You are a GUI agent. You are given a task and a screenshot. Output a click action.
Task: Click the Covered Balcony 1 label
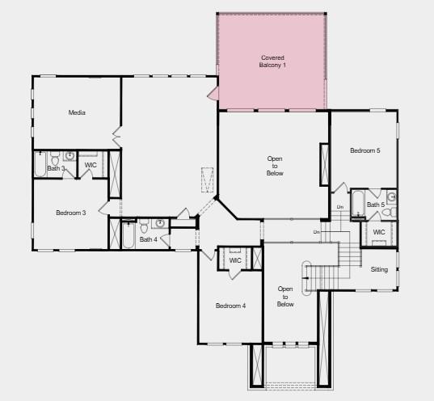pyautogui.click(x=273, y=61)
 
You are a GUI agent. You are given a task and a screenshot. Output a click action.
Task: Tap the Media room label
pyautogui.click(x=77, y=112)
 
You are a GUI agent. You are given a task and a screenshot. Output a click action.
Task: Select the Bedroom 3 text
pyautogui.click(x=70, y=213)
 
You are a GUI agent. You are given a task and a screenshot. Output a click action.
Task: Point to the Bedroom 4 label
pyautogui.click(x=230, y=306)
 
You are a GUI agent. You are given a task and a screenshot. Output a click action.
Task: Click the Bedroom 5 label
pyautogui.click(x=364, y=150)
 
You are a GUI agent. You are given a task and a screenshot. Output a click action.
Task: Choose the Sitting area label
pyautogui.click(x=379, y=269)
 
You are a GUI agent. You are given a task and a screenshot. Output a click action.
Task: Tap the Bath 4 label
pyautogui.click(x=148, y=239)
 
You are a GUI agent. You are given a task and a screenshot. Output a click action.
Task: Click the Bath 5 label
pyautogui.click(x=375, y=205)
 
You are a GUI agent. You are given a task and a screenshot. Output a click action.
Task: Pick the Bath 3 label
pyautogui.click(x=56, y=169)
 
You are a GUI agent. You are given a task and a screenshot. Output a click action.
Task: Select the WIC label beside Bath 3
pyautogui.click(x=91, y=166)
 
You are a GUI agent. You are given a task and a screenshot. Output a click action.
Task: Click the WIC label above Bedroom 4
pyautogui.click(x=235, y=260)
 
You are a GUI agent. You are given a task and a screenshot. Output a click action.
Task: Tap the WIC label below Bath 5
pyautogui.click(x=379, y=232)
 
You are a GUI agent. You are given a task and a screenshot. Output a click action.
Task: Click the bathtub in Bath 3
pyautogui.click(x=39, y=166)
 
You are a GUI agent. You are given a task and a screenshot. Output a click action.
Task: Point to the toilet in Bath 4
pyautogui.click(x=142, y=224)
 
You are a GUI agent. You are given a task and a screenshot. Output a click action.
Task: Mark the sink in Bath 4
pyautogui.click(x=160, y=223)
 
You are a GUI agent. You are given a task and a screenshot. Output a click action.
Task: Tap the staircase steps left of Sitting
pyautogui.click(x=348, y=258)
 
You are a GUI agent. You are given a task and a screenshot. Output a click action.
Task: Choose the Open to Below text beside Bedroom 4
pyautogui.click(x=284, y=296)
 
